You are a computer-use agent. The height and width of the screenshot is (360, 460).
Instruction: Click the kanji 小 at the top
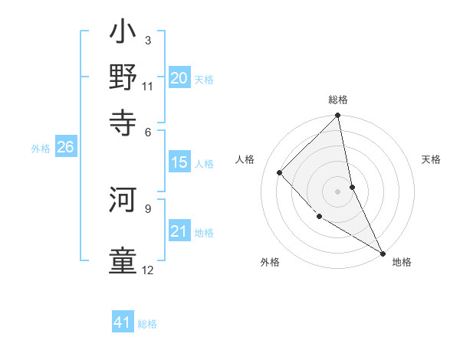[123, 35]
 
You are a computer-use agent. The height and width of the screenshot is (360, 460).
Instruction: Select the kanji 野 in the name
[123, 77]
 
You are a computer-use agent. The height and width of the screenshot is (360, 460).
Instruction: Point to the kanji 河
[123, 202]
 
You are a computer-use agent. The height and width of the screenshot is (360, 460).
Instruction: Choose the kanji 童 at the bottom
[123, 260]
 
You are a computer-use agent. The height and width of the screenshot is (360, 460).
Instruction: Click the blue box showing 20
[179, 78]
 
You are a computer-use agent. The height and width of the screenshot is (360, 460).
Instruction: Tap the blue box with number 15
[179, 162]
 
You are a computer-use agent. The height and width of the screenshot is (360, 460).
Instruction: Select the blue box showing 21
[179, 231]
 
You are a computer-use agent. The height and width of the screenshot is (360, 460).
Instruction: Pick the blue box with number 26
[65, 148]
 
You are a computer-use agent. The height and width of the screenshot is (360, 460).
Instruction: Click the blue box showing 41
[123, 322]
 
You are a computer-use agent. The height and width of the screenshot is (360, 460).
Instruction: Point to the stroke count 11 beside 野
[147, 86]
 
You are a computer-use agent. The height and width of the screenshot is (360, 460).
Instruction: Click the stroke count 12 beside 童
[147, 270]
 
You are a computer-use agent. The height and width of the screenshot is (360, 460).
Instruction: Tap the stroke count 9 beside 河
[147, 208]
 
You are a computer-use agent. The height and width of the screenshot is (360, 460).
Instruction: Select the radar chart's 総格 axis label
[338, 100]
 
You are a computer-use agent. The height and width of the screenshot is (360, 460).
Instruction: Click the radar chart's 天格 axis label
[432, 159]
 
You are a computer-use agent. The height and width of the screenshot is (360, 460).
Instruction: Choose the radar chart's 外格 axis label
[270, 262]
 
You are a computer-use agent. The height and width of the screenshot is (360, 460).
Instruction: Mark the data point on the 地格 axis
[383, 253]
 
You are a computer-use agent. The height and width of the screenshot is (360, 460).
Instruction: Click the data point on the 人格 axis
[280, 172]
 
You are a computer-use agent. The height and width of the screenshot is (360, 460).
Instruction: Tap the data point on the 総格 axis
[338, 116]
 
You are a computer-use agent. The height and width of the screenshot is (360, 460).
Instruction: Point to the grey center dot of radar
[338, 191]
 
